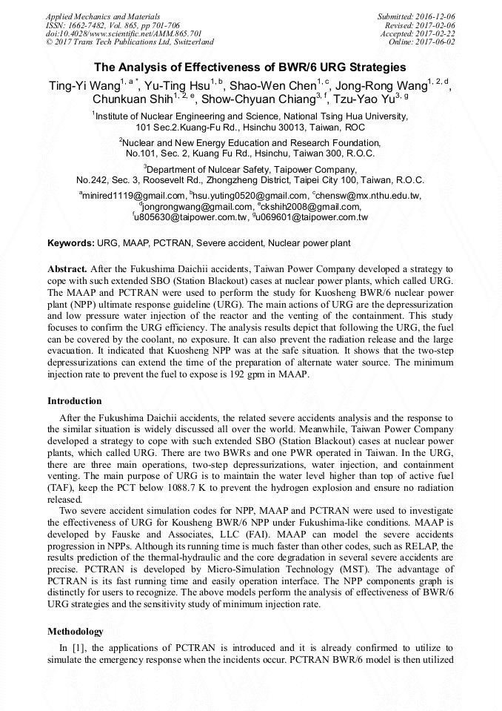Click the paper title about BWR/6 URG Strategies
pyautogui.click(x=250, y=67)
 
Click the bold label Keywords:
pyautogui.click(x=71, y=243)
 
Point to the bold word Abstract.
pyautogui.click(x=67, y=268)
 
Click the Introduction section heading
pyautogui.click(x=74, y=401)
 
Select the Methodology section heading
pyautogui.click(x=76, y=632)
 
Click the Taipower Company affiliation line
pyautogui.click(x=250, y=169)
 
